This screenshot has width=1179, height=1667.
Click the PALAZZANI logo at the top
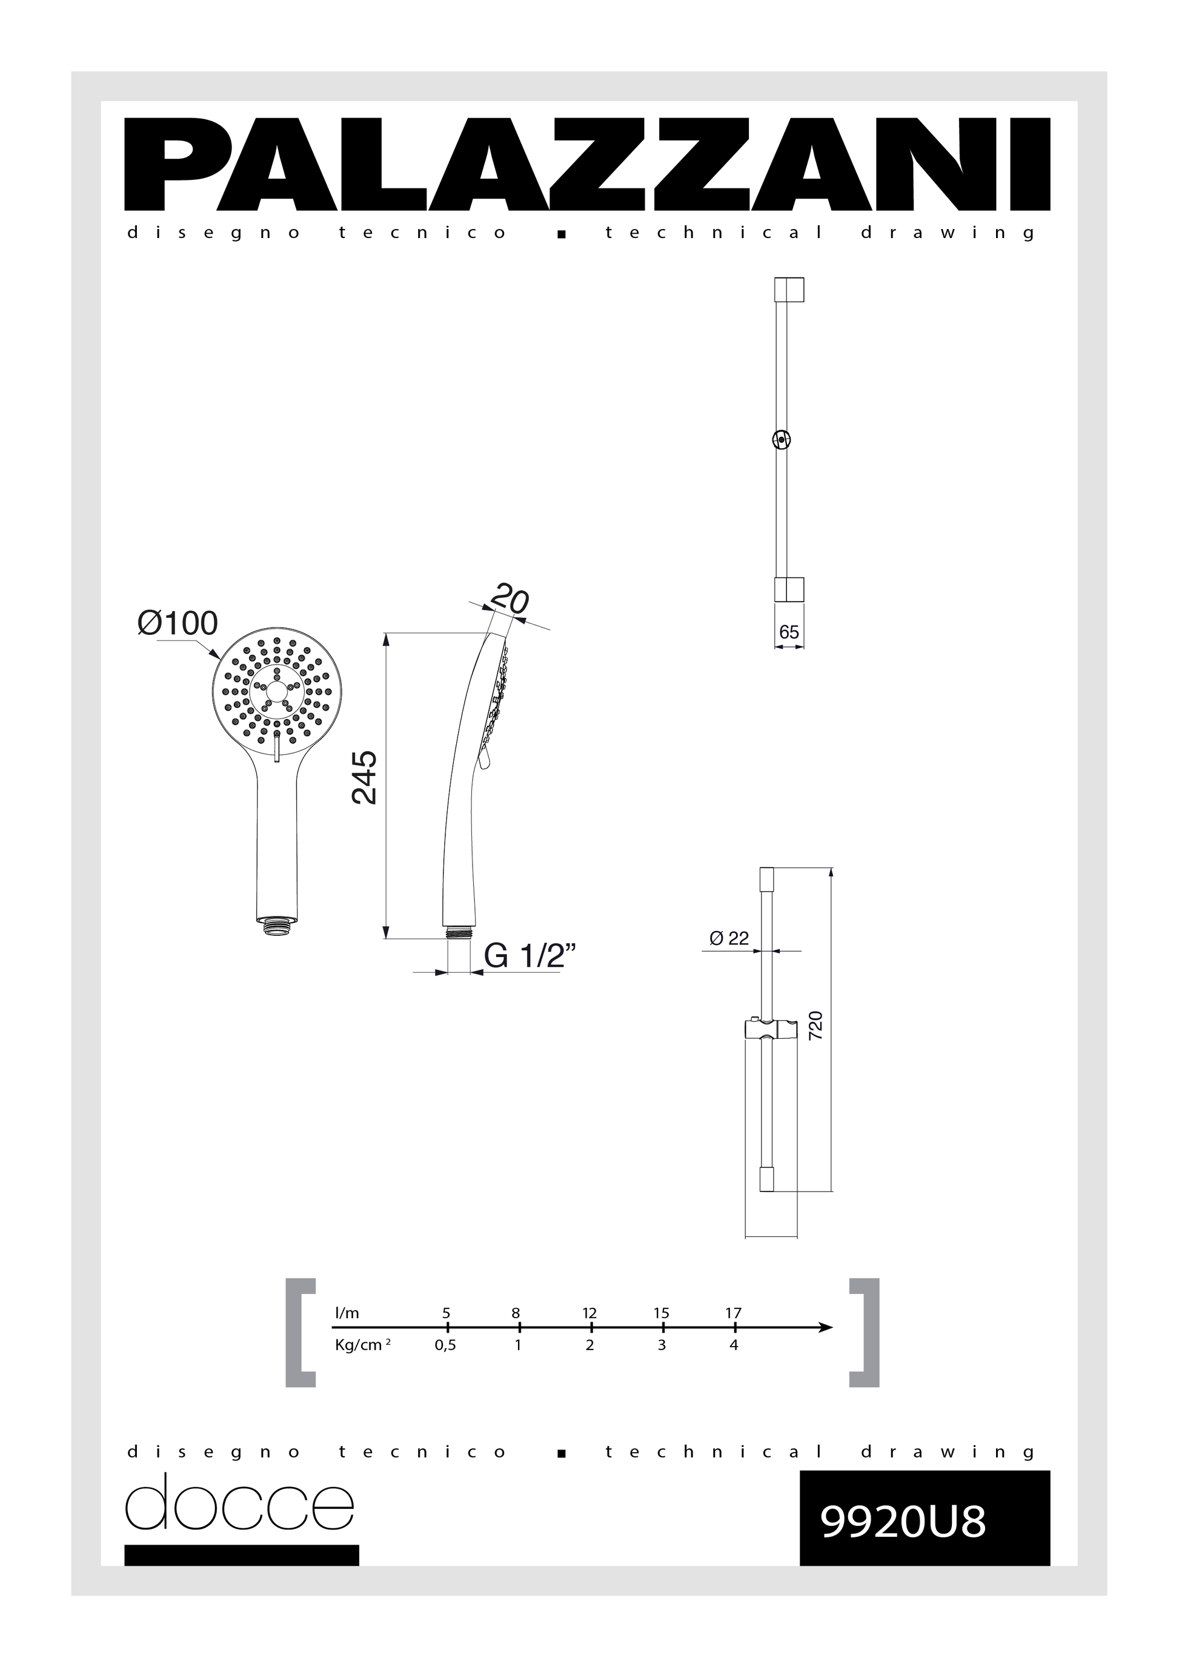point(587,164)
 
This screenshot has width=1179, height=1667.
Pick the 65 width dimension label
point(789,632)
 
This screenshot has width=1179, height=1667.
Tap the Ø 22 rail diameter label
point(729,938)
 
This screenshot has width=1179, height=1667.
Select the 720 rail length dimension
point(815,1026)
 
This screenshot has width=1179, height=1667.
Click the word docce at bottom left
point(239,1502)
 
